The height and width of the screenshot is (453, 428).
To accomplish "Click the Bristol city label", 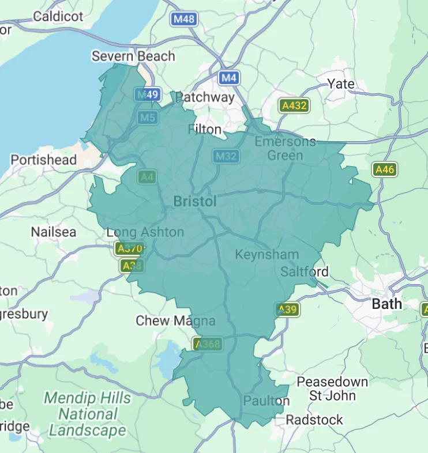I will click(195, 201).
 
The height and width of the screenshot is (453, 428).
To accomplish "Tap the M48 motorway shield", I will click(184, 19).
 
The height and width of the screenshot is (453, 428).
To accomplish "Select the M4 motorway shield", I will click(229, 77).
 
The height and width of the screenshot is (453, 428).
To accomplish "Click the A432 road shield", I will click(294, 105).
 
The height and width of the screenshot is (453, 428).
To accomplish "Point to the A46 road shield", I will click(385, 169).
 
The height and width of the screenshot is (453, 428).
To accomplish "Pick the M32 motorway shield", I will click(226, 156).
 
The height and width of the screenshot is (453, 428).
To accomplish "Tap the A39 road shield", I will click(287, 309).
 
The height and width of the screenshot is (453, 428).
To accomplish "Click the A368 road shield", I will click(207, 344).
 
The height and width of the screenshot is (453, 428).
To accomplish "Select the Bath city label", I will click(387, 304).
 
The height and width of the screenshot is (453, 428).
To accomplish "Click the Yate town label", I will click(341, 84).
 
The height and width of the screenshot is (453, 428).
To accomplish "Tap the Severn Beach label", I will click(133, 56).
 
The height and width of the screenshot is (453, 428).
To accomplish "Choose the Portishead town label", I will click(43, 160).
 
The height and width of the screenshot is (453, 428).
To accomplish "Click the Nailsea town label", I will click(53, 232).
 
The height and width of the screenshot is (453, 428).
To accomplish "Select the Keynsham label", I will click(267, 254).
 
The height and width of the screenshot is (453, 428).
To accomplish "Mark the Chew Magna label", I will click(175, 321).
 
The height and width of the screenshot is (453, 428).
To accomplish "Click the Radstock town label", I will click(314, 420).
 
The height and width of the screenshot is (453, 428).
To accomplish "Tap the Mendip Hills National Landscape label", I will click(87, 414).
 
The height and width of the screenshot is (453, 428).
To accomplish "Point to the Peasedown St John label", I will click(332, 388).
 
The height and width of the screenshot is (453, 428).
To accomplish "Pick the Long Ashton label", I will click(145, 232).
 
